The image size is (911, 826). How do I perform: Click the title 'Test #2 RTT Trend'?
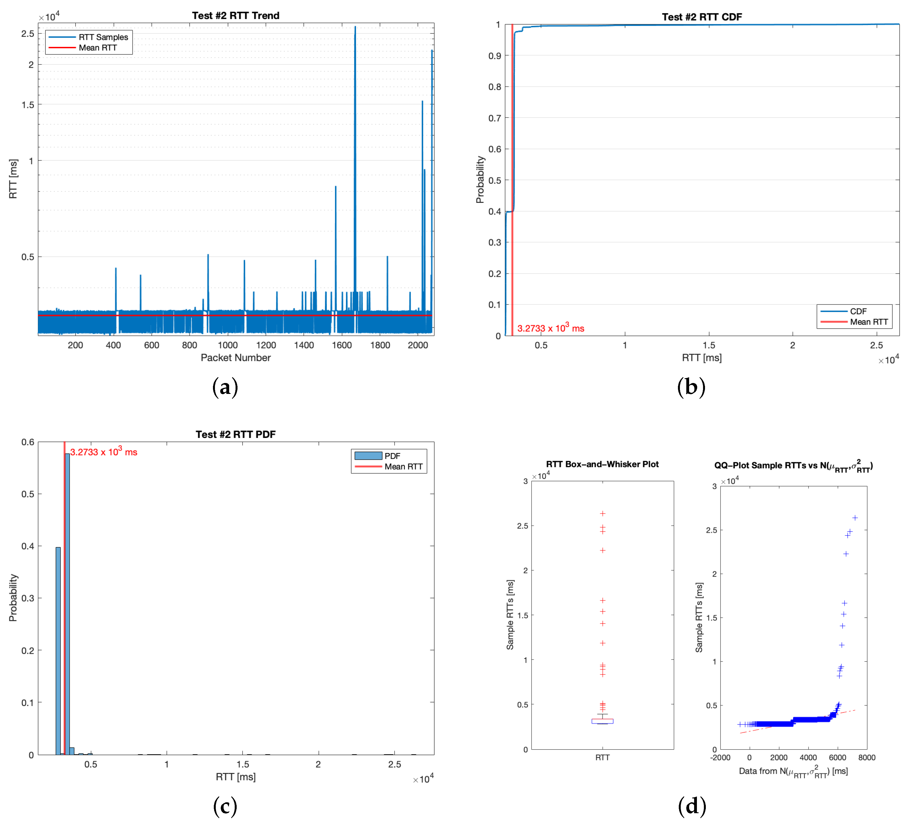[236, 15]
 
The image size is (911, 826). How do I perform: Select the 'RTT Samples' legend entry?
[103, 37]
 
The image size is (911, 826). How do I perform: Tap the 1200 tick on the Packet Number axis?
[266, 345]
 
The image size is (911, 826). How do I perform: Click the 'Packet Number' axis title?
[236, 358]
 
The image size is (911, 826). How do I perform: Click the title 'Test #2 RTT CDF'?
[702, 17]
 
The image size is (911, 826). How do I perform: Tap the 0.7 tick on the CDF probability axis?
[495, 118]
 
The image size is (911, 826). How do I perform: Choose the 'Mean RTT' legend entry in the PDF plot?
[403, 467]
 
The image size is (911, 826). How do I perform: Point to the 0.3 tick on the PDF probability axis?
[28, 598]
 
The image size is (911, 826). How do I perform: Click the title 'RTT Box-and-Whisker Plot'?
[602, 464]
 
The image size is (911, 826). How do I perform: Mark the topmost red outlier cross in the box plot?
[602, 514]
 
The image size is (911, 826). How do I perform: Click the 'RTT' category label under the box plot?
[602, 757]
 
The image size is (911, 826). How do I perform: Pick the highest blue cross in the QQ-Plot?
[855, 518]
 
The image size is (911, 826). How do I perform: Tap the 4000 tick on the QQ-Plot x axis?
[808, 757]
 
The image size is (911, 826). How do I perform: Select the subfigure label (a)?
[225, 387]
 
